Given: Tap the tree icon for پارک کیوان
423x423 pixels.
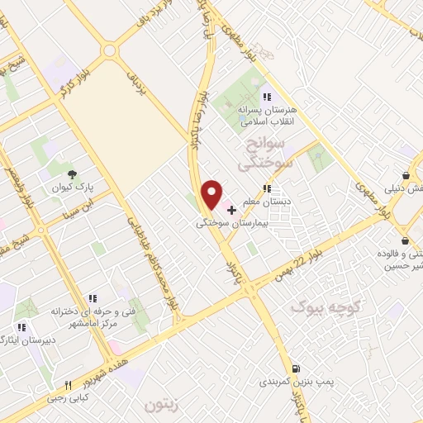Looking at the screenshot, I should pos(74,173).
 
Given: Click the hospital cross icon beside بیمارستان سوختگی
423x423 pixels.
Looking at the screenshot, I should pos(231,211).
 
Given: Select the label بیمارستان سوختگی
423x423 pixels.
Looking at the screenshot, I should pos(231,224).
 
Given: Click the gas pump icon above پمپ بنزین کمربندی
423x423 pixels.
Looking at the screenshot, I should pos(295,368).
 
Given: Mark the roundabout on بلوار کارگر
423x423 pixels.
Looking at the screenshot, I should pos(109,51).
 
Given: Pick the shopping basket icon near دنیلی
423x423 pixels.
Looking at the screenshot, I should pos(406,175).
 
